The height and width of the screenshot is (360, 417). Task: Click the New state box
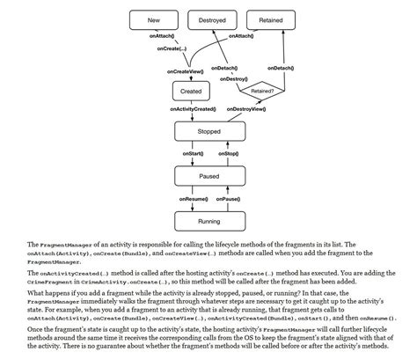pyautogui.click(x=154, y=19)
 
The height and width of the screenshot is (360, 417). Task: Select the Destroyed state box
pyautogui.click(x=212, y=19)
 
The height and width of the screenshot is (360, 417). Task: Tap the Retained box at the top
pyautogui.click(x=270, y=19)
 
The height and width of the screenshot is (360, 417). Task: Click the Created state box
pyautogui.click(x=190, y=91)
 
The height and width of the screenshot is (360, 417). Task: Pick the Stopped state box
pyautogui.click(x=209, y=131)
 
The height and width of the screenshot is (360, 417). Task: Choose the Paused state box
pyautogui.click(x=209, y=176)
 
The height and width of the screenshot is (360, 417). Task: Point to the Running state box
pyautogui.click(x=209, y=221)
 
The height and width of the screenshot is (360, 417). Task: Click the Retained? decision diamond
pyautogui.click(x=262, y=91)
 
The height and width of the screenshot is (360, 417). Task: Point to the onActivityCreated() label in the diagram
pyautogui.click(x=190, y=109)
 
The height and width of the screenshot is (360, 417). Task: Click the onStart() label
pyautogui.click(x=194, y=154)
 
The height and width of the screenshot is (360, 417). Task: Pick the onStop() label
pyautogui.click(x=227, y=154)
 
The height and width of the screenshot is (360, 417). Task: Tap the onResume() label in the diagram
pyautogui.click(x=191, y=199)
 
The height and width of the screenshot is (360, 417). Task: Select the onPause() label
pyautogui.click(x=228, y=199)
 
